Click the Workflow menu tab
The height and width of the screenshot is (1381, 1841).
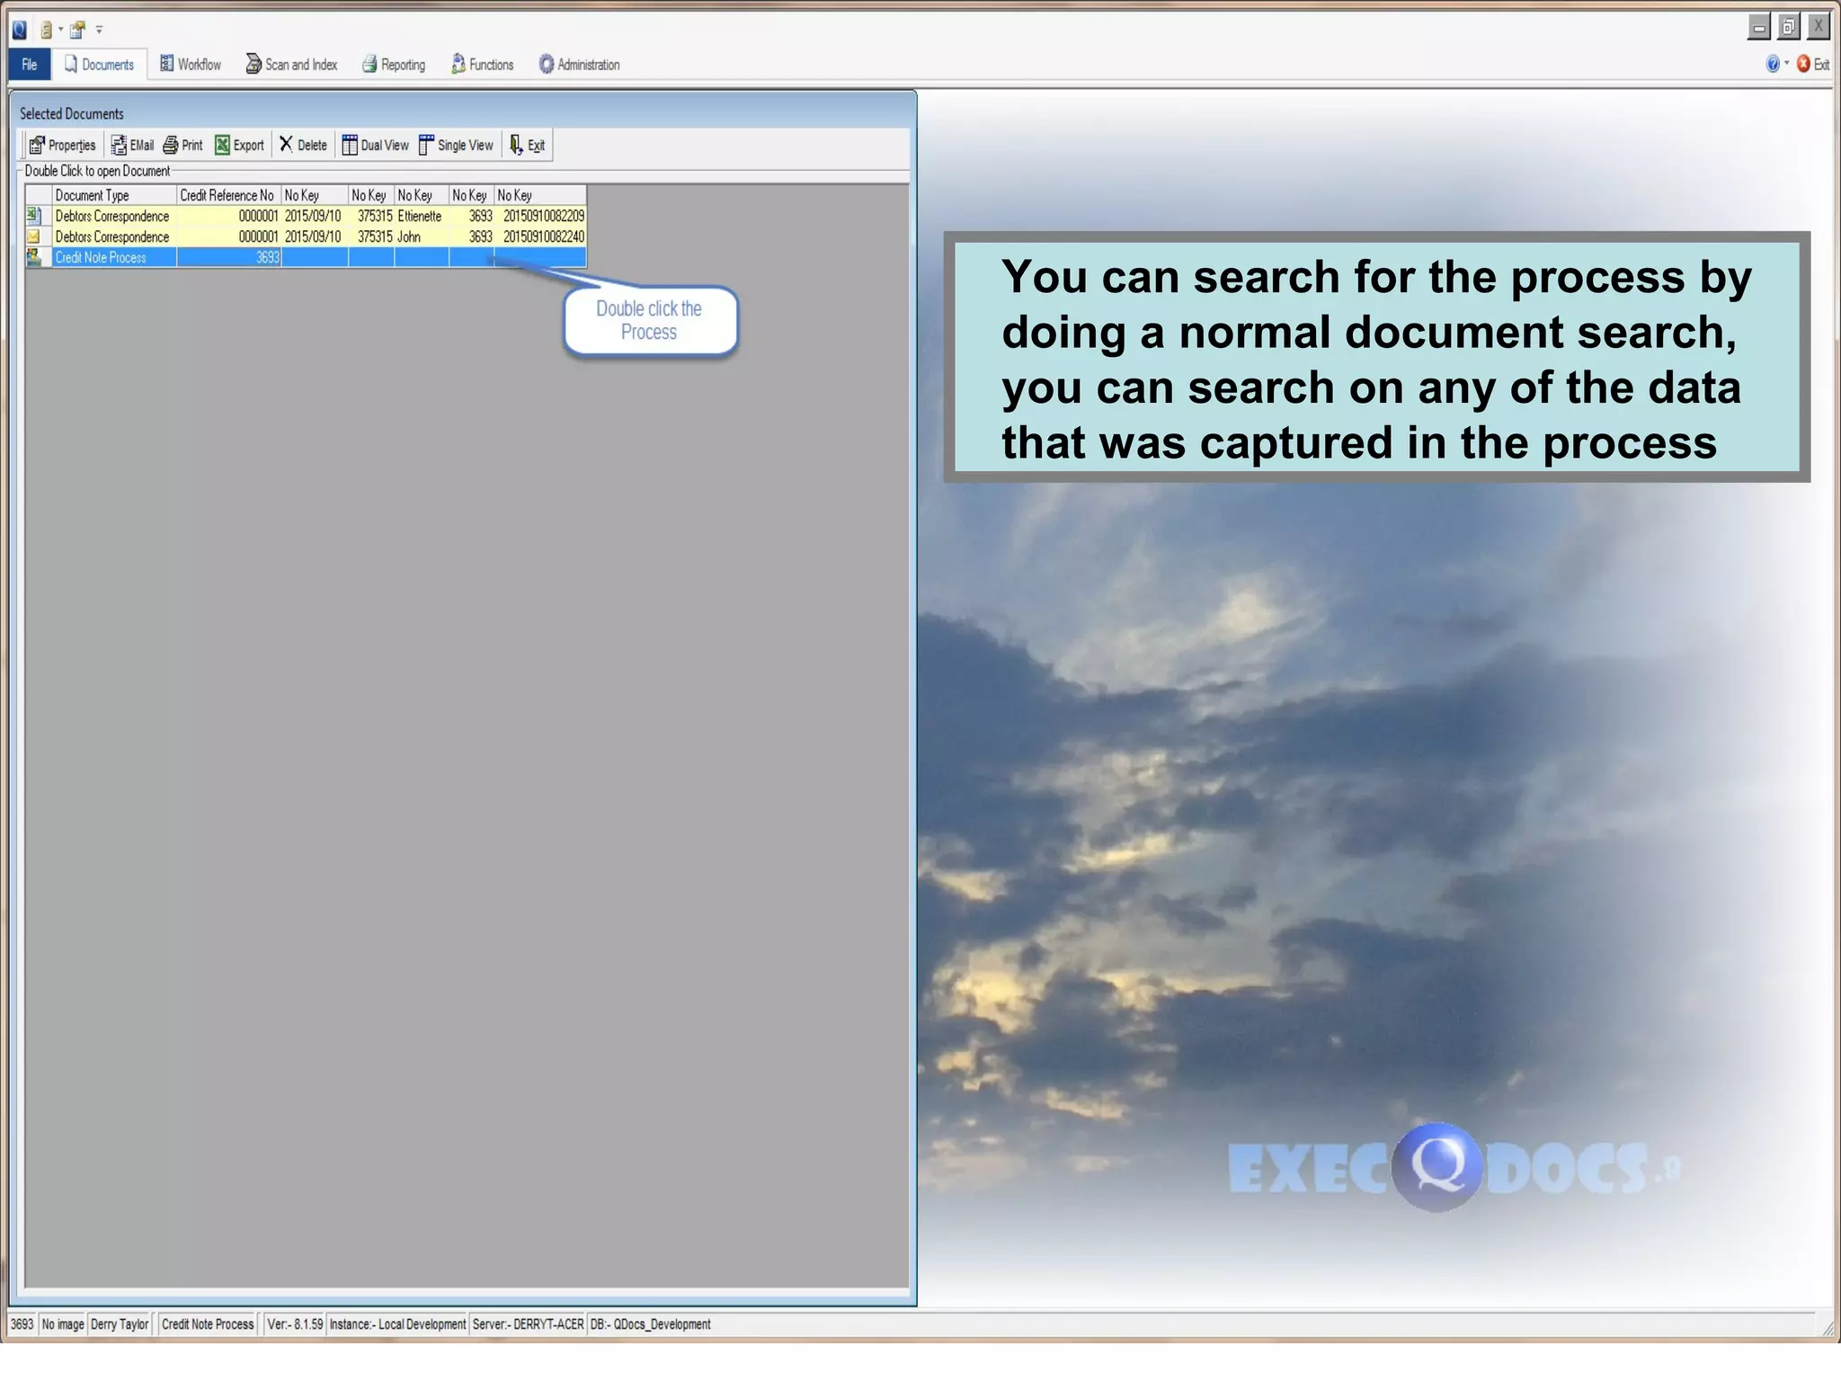pyautogui.click(x=191, y=65)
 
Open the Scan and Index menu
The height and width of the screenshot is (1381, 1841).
pyautogui.click(x=291, y=65)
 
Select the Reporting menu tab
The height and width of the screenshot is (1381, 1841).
pyautogui.click(x=394, y=65)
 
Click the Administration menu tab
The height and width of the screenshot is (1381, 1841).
pyautogui.click(x=579, y=65)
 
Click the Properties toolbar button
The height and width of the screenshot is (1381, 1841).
pyautogui.click(x=62, y=146)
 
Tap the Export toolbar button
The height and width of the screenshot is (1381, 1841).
pyautogui.click(x=239, y=146)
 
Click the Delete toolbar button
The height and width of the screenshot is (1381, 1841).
pyautogui.click(x=303, y=146)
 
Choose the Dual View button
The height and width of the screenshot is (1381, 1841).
pyautogui.click(x=375, y=146)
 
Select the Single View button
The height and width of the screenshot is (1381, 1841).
pyautogui.click(x=456, y=146)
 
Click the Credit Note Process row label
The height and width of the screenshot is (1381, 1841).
pyautogui.click(x=101, y=258)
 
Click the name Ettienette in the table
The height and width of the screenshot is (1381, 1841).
pyautogui.click(x=419, y=217)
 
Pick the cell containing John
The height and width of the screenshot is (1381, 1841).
pyautogui.click(x=409, y=237)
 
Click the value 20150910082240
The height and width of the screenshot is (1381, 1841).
pyautogui.click(x=543, y=237)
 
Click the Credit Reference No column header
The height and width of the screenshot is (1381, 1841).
pyautogui.click(x=227, y=196)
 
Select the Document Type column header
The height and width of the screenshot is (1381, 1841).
pyautogui.click(x=93, y=196)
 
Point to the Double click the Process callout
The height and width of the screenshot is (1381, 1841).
pyautogui.click(x=649, y=321)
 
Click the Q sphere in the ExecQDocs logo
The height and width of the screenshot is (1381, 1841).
pyautogui.click(x=1436, y=1167)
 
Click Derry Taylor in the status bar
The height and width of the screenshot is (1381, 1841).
pyautogui.click(x=120, y=1324)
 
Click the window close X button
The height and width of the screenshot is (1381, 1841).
pyautogui.click(x=1818, y=27)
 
